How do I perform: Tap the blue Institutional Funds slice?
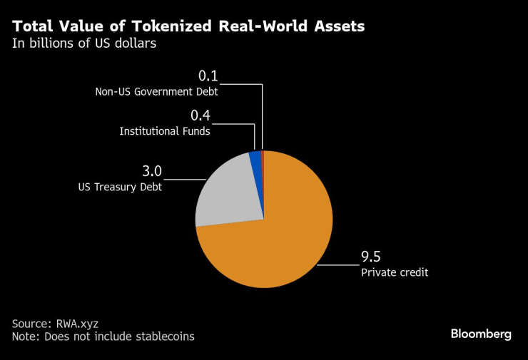click(255, 160)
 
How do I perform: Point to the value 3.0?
click(153, 171)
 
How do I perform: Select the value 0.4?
click(200, 115)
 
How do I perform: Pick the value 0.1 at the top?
click(208, 76)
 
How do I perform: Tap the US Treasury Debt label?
click(120, 187)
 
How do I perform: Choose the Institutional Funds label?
click(165, 131)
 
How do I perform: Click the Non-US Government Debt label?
click(156, 91)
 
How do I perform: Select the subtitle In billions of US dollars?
click(84, 43)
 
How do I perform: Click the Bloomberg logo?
click(480, 334)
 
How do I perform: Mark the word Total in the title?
click(34, 27)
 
